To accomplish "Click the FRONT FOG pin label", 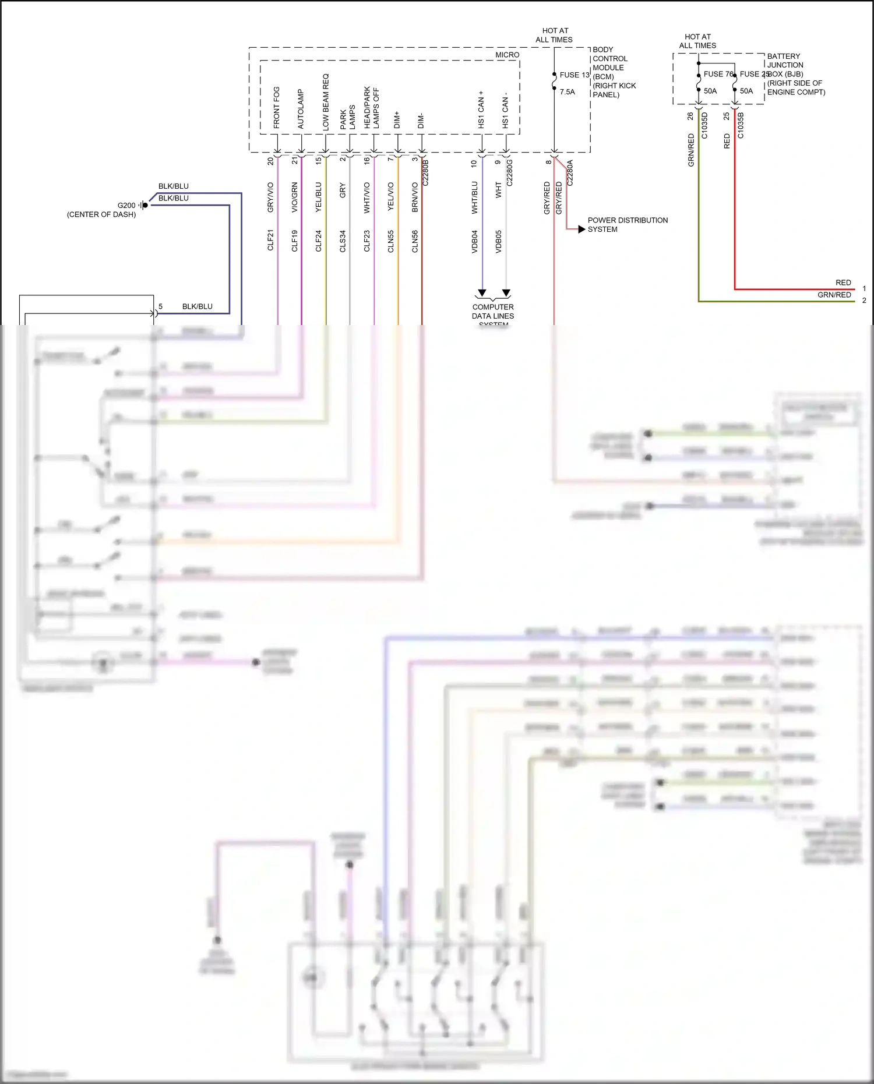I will pyautogui.click(x=276, y=108).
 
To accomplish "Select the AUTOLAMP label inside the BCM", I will pyautogui.click(x=301, y=109).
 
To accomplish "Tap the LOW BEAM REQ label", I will pyautogui.click(x=326, y=101).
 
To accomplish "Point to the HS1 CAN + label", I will pyautogui.click(x=481, y=110).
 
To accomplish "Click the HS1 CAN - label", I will pyautogui.click(x=505, y=110).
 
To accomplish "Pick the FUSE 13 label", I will pyautogui.click(x=575, y=75).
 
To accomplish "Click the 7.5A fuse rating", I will pyautogui.click(x=567, y=92).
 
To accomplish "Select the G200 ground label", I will pyautogui.click(x=126, y=206).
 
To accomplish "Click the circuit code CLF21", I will pyautogui.click(x=270, y=241).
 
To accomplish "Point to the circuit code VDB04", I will pyautogui.click(x=474, y=241).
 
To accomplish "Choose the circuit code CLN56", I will pyautogui.click(x=415, y=241).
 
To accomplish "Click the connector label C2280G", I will pyautogui.click(x=509, y=172).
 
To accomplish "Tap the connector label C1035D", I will pyautogui.click(x=704, y=125).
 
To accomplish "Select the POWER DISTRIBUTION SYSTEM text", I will pyautogui.click(x=628, y=225).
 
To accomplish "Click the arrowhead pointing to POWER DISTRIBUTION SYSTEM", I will pyautogui.click(x=582, y=229).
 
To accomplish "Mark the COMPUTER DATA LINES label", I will pyautogui.click(x=493, y=312).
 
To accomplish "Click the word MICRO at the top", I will pyautogui.click(x=507, y=55).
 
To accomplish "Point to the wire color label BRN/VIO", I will pyautogui.click(x=415, y=197).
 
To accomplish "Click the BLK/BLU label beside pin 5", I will pyautogui.click(x=197, y=306).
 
